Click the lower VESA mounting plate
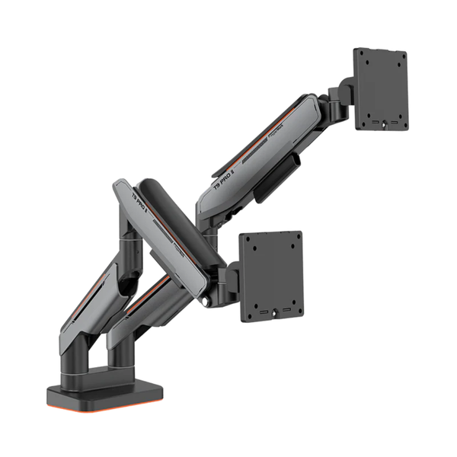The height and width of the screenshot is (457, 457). [271, 276]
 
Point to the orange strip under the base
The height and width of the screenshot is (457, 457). [107, 410]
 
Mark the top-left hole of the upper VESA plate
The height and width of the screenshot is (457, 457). [364, 59]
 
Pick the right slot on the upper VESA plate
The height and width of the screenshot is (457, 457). [397, 120]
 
